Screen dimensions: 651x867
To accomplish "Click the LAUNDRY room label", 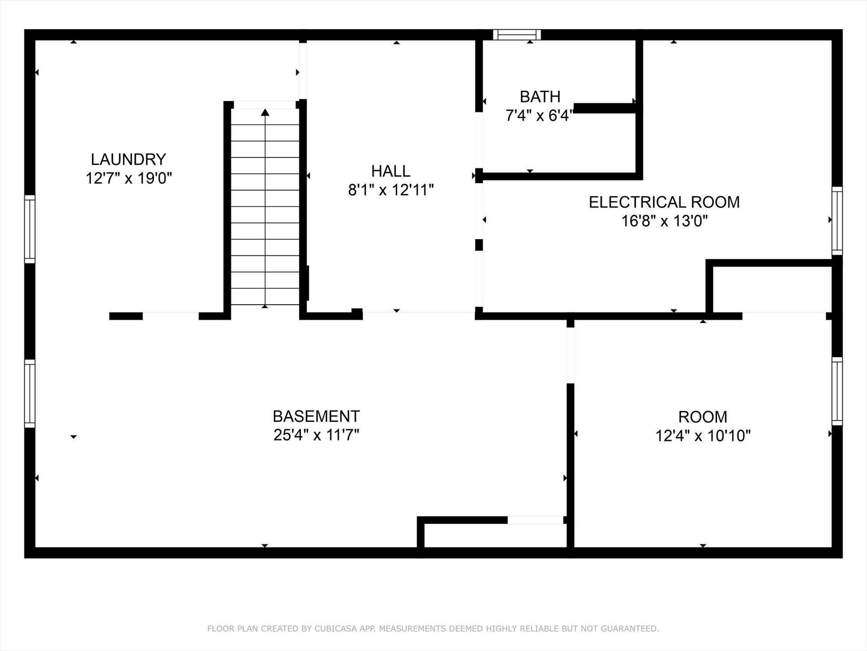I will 128,159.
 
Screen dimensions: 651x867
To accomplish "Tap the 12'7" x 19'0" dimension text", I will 129,178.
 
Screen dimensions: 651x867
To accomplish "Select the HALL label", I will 391,171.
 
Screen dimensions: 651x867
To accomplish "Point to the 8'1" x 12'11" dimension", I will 391,190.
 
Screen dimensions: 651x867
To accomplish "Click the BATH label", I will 540,97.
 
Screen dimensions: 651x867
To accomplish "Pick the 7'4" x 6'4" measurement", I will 539,116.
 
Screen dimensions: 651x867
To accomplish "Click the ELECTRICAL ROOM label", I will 664,202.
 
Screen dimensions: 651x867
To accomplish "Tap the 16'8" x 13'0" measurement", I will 664,221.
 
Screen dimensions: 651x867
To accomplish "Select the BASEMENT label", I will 316,416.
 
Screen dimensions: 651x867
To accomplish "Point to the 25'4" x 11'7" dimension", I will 316,435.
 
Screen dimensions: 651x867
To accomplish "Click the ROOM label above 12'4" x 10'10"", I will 703,416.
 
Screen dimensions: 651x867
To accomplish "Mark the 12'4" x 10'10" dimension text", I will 703,436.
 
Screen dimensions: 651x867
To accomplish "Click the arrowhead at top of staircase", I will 265,112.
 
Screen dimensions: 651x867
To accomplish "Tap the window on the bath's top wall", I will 517,35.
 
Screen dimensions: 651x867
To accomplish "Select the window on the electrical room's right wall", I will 837,221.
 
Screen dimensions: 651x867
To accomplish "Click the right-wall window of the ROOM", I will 837,391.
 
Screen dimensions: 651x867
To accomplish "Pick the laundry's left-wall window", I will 29,229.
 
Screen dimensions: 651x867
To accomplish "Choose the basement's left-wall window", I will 29,393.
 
